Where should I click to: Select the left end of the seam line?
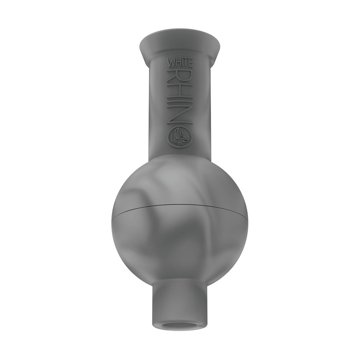click(113, 218)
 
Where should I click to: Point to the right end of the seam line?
click(247, 218)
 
